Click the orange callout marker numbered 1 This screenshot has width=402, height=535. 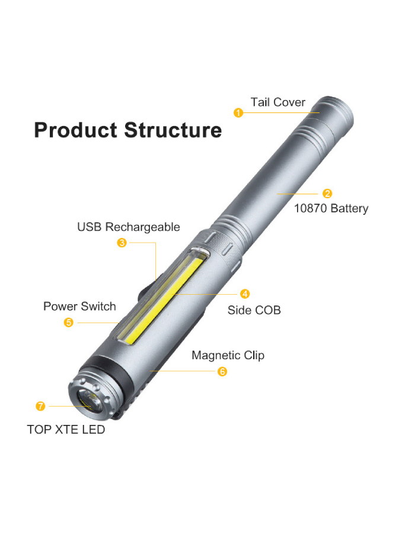click(238, 112)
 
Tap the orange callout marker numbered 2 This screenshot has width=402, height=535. click(327, 194)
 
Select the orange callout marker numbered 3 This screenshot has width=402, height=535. click(122, 242)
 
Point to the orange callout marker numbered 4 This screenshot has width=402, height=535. click(244, 294)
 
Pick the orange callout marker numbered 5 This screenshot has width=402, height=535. click(69, 323)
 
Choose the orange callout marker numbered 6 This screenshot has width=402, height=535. click(222, 372)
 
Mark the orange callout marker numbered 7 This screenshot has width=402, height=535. click(40, 406)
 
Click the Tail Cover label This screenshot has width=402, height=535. click(277, 102)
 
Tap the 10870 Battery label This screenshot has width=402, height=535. click(331, 208)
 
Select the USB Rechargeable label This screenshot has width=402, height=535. click(129, 227)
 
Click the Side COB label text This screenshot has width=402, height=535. click(254, 310)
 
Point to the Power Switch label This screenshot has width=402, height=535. click(79, 307)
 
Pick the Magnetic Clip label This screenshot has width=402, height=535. click(228, 355)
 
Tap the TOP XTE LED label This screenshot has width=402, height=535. click(66, 430)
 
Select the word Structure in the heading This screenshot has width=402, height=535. click(173, 130)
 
